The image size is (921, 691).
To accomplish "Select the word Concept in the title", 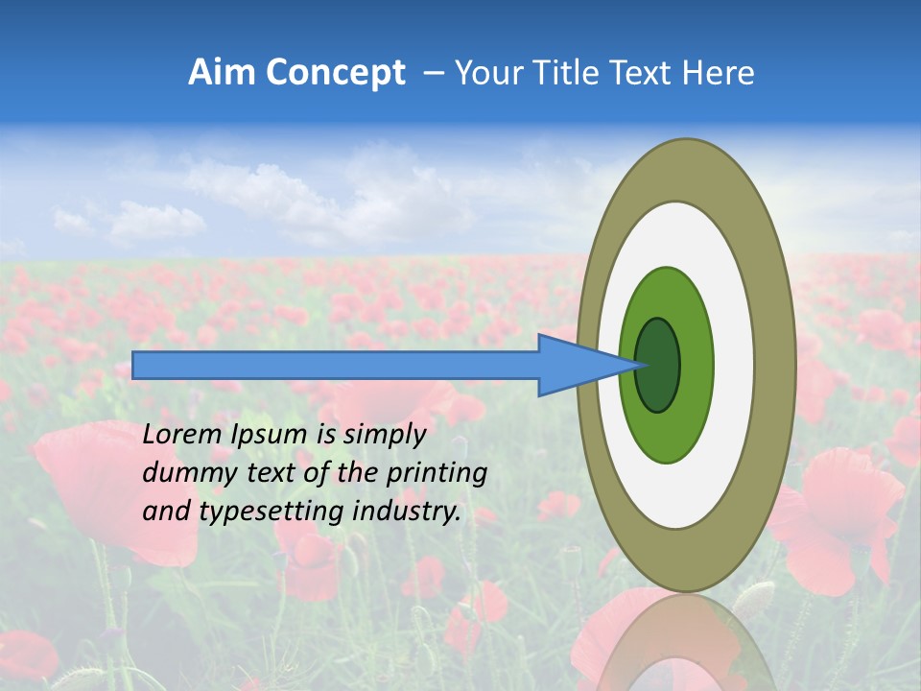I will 336,73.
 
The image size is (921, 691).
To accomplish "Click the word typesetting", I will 257,512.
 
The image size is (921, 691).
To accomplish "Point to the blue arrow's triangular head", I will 576,365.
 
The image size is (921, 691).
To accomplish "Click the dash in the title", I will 433,74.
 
